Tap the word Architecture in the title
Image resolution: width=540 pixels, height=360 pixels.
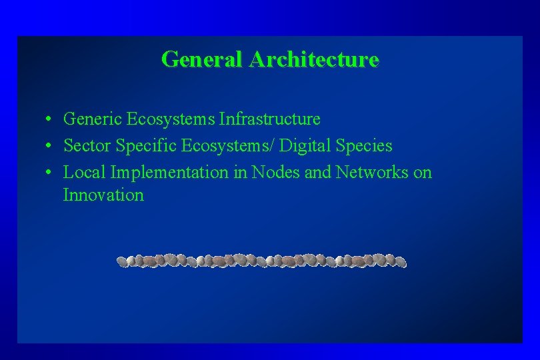click(x=314, y=59)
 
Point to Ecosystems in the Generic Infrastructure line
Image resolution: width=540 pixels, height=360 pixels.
click(x=171, y=119)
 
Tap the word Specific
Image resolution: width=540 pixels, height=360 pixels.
click(x=145, y=146)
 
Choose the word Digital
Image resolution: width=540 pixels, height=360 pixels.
click(x=306, y=146)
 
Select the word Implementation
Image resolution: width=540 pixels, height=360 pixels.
click(x=169, y=173)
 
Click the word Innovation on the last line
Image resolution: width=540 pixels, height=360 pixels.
click(x=103, y=195)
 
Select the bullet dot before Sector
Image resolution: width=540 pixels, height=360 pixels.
click(x=49, y=146)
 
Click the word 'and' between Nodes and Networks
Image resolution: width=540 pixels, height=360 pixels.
click(x=317, y=173)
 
